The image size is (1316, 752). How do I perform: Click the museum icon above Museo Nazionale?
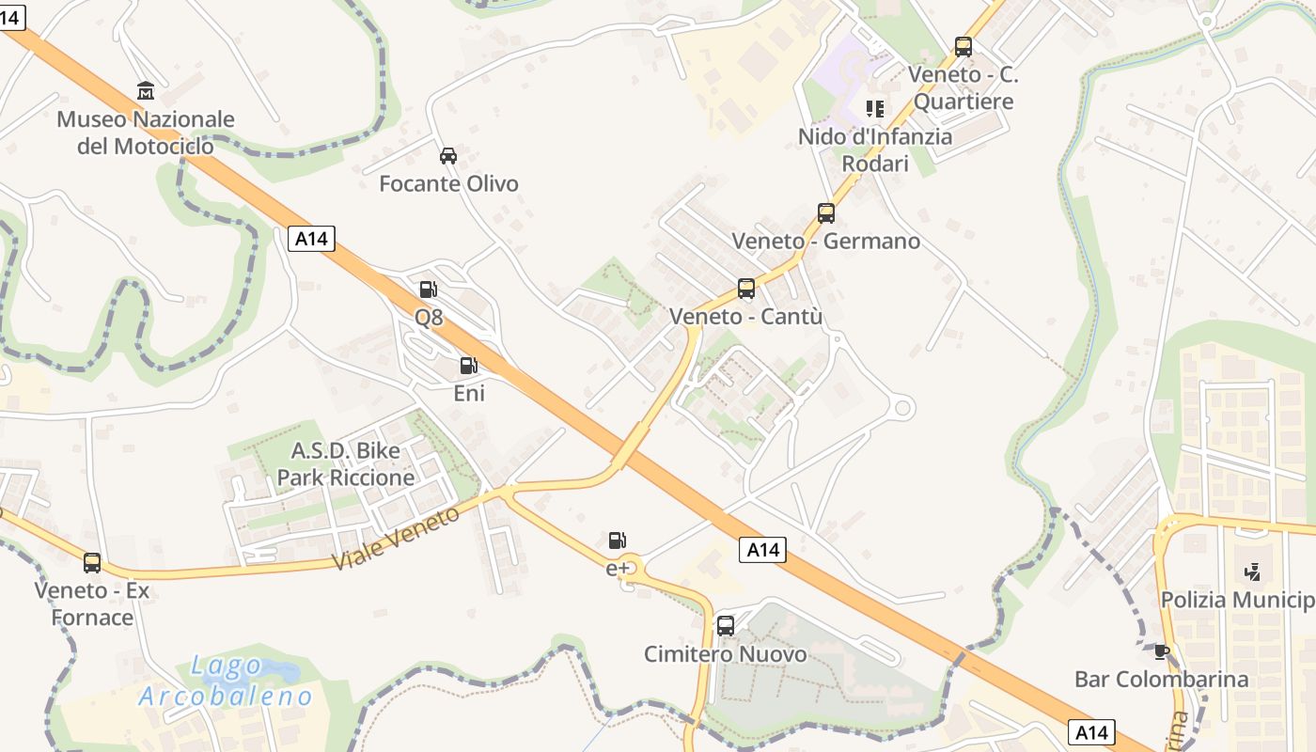point(146,91)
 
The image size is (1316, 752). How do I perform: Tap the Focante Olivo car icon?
point(448,156)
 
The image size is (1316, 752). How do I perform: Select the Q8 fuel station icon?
point(428,290)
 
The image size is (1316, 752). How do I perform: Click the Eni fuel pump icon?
point(468,366)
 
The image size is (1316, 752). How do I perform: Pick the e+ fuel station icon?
point(617,540)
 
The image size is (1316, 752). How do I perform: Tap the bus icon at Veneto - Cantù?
point(746,289)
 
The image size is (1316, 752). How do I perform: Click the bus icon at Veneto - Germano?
point(825,213)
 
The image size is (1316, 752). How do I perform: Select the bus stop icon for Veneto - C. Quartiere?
point(963,47)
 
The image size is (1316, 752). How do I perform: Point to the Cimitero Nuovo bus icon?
point(725,626)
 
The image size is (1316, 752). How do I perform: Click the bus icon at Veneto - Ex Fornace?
point(91,563)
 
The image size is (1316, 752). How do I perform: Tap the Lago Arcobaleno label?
point(226,681)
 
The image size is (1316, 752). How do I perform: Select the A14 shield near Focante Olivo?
point(311,239)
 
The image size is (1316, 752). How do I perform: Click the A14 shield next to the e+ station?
point(762,550)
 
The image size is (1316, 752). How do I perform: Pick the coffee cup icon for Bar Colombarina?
point(1161,651)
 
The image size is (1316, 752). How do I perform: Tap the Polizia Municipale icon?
point(1251,572)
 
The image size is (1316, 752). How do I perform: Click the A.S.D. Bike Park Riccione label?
point(345,463)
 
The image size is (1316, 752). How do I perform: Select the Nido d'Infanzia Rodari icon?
point(875,109)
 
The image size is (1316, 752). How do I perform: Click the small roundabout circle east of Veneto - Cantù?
point(901,408)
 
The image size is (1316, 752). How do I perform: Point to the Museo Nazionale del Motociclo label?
point(146,133)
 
